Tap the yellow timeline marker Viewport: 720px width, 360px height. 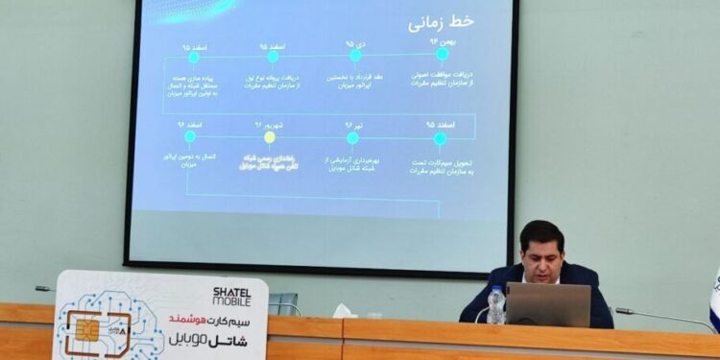[x=270, y=137]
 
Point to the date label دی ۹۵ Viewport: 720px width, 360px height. [x=355, y=43]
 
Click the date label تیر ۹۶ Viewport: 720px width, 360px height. [x=352, y=125]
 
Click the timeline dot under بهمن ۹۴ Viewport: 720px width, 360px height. [x=442, y=55]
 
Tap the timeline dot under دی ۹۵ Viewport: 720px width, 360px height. [x=355, y=56]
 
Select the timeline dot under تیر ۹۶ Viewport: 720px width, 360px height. [x=352, y=138]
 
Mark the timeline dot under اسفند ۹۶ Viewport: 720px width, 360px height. [x=189, y=137]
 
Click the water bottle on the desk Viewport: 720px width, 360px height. [x=495, y=305]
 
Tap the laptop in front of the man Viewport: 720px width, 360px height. [x=548, y=304]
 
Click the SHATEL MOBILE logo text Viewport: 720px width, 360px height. [x=233, y=295]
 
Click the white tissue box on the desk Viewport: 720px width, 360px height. [x=344, y=311]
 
